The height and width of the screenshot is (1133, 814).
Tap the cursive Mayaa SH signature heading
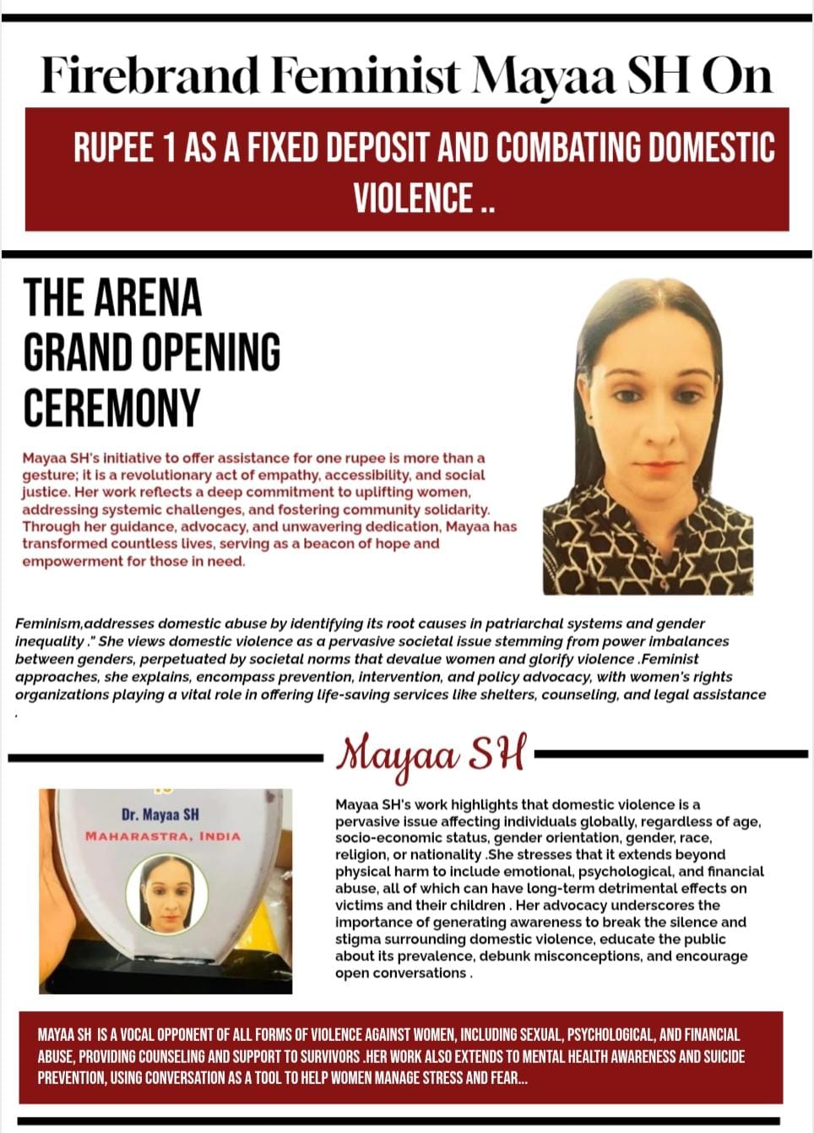point(431,753)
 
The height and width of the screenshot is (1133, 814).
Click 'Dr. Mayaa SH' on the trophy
point(160,814)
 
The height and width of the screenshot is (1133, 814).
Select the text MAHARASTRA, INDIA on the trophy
point(163,836)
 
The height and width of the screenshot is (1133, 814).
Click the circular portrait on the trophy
point(166,894)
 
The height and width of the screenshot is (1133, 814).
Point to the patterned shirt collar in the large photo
point(591,507)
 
